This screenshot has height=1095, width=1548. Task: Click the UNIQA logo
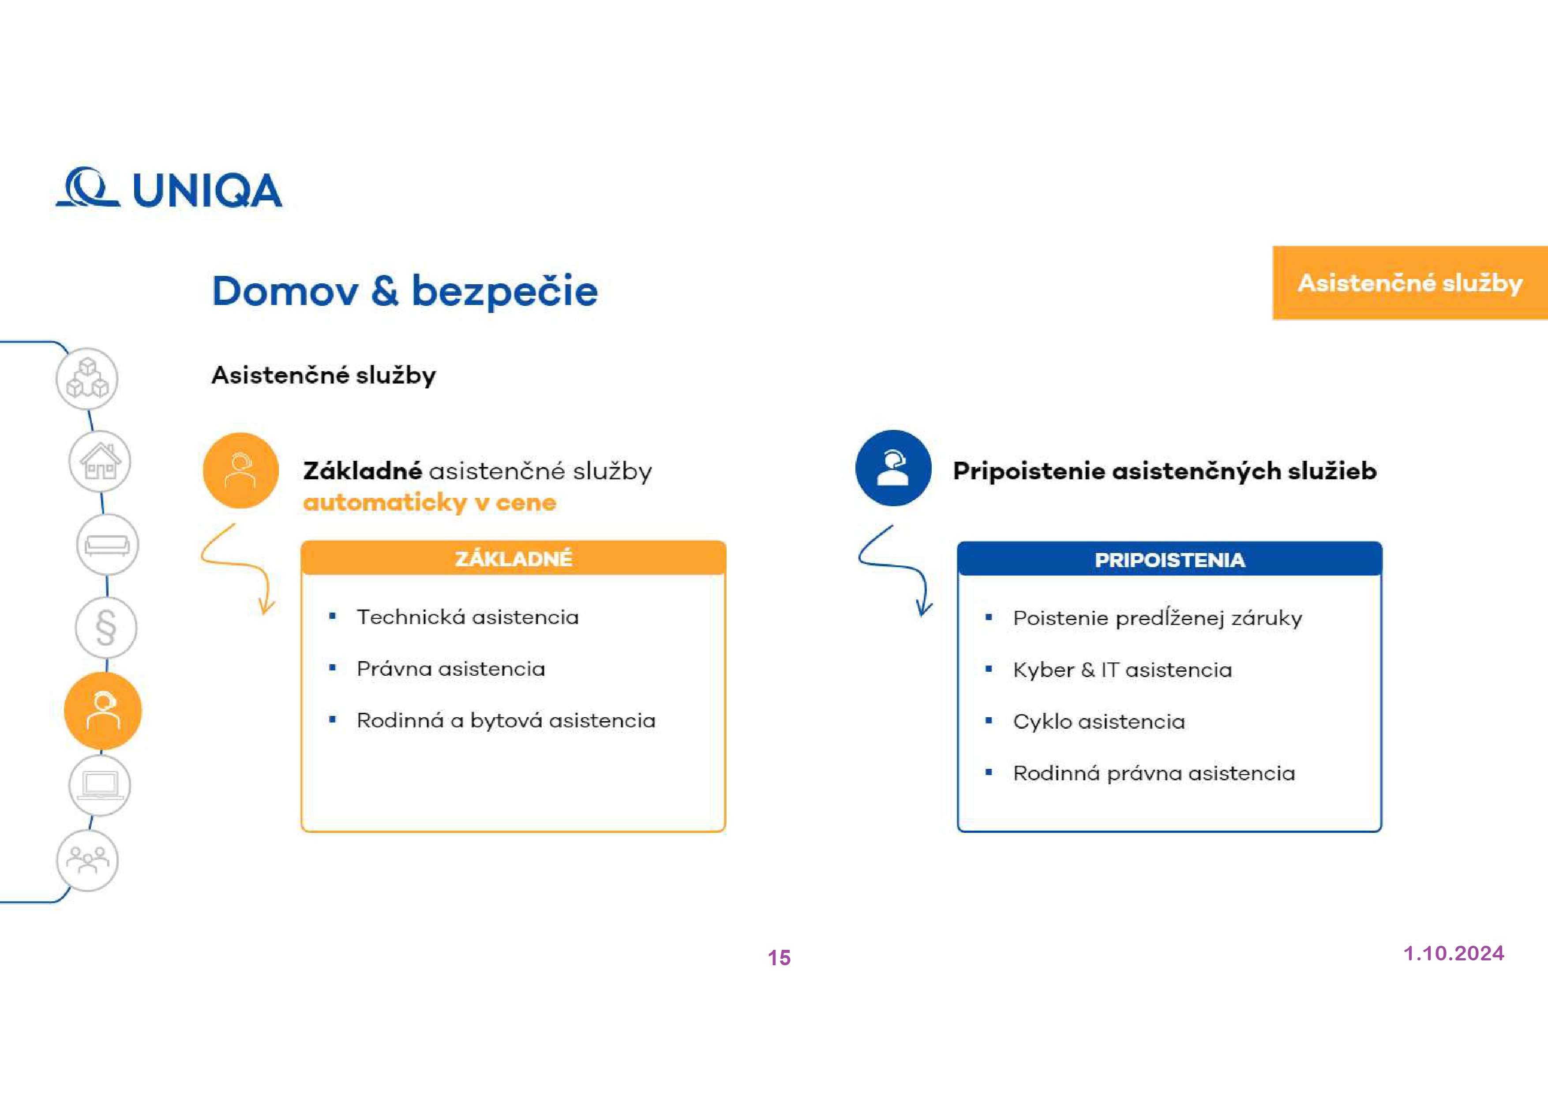169,188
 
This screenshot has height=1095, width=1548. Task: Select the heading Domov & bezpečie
405,291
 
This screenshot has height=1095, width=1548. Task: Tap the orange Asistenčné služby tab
1410,283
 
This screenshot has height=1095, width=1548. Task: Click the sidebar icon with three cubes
87,379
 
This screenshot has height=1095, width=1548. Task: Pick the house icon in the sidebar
100,462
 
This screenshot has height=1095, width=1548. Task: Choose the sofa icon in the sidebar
107,545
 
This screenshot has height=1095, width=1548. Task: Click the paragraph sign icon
106,628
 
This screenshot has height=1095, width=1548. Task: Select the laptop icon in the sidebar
100,785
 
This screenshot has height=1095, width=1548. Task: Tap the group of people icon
87,860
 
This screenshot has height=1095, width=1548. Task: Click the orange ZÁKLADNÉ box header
514,558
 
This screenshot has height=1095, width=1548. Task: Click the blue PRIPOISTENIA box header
1170,559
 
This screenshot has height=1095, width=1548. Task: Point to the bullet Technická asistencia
467,617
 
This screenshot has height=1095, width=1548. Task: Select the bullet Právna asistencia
450,669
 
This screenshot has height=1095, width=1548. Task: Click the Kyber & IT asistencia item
1122,670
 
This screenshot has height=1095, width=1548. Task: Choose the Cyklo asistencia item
1098,721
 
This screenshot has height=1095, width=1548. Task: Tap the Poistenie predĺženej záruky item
1157,618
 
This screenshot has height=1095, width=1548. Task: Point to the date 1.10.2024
1454,953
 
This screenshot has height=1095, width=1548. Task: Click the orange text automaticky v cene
430,503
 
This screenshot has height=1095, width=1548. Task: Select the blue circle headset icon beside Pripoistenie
893,468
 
